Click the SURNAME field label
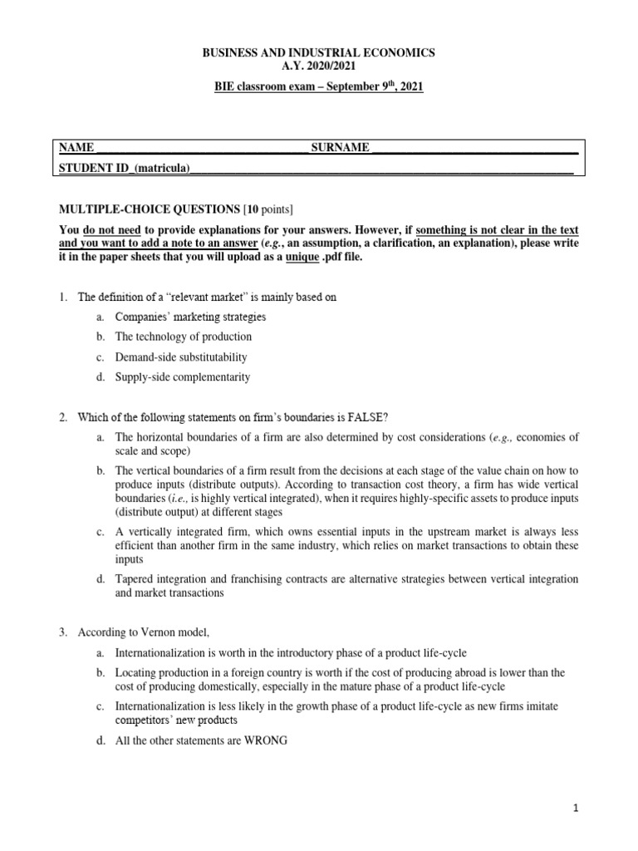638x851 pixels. click(340, 147)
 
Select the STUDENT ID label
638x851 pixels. click(91, 167)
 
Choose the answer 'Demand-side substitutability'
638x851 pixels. click(181, 357)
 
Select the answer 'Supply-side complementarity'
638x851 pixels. click(182, 376)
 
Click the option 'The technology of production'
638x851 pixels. click(183, 337)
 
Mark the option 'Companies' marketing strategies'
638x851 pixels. click(190, 317)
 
